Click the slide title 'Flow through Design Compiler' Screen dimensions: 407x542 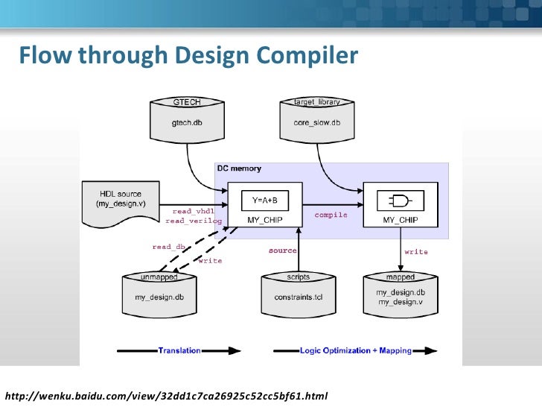[x=188, y=57]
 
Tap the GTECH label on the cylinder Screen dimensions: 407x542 [x=187, y=101]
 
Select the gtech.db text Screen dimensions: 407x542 [x=187, y=122]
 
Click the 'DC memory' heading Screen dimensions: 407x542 [x=239, y=169]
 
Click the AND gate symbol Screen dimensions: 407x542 [x=400, y=201]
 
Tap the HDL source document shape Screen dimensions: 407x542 [x=118, y=201]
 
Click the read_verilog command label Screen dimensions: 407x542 [x=194, y=221]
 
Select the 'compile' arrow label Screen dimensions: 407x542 [x=331, y=215]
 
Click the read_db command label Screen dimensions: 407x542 [x=168, y=247]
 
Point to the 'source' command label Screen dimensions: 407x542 [x=283, y=250]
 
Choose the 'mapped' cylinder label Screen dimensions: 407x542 [x=401, y=277]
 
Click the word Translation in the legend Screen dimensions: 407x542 [x=179, y=350]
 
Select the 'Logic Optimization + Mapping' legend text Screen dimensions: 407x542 [x=355, y=350]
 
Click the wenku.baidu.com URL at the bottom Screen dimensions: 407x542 [x=166, y=394]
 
